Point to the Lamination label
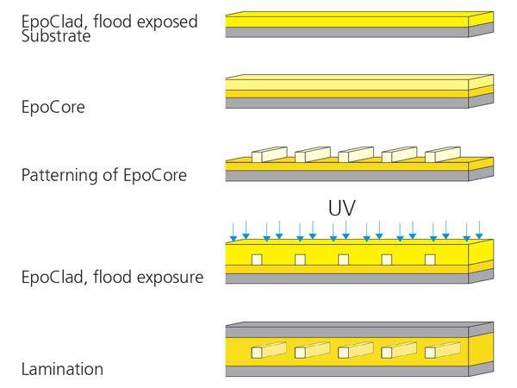click(x=62, y=369)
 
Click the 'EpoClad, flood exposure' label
click(x=112, y=278)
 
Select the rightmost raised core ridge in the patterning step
click(x=443, y=154)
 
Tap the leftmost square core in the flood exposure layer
click(x=257, y=260)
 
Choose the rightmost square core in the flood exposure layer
click(x=430, y=260)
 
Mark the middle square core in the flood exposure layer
click(x=344, y=260)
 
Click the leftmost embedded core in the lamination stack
click(x=268, y=351)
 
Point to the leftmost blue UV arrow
click(x=233, y=230)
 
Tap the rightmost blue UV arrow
click(x=479, y=228)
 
